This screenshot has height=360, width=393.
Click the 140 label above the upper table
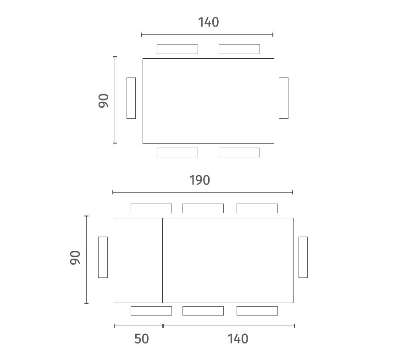[209, 22]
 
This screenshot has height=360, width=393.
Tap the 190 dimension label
[199, 180]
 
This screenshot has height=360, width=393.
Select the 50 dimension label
[142, 339]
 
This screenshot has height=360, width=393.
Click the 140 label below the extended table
[238, 339]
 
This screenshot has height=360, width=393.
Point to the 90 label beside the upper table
[104, 101]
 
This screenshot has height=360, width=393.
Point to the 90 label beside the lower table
[75, 257]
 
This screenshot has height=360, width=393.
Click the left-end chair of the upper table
[131, 98]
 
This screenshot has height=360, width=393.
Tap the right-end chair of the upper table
[283, 98]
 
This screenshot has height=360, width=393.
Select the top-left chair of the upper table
[177, 49]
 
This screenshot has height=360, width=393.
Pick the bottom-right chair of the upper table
[239, 152]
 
